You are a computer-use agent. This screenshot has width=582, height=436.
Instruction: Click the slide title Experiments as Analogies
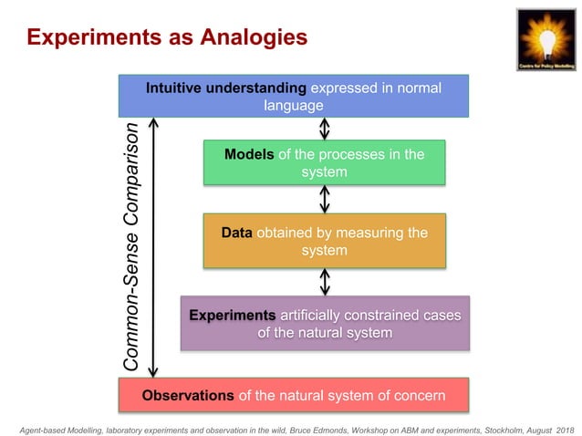pyautogui.click(x=166, y=37)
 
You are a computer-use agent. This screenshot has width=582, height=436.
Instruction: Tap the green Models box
pyautogui.click(x=324, y=162)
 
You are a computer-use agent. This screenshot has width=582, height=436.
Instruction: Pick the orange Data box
pyautogui.click(x=324, y=241)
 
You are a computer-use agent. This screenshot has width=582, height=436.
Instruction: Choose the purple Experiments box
pyautogui.click(x=325, y=324)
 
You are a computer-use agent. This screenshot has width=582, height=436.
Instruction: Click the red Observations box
pyautogui.click(x=294, y=395)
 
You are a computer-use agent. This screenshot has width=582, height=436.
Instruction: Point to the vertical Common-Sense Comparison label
pyautogui.click(x=132, y=246)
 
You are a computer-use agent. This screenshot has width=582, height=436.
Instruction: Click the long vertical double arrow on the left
pyautogui.click(x=153, y=246)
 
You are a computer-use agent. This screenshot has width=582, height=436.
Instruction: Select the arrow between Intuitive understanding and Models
pyautogui.click(x=325, y=128)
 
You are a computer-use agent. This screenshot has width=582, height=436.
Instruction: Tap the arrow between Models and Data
pyautogui.click(x=325, y=199)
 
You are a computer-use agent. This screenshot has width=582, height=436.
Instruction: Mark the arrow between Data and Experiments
pyautogui.click(x=325, y=282)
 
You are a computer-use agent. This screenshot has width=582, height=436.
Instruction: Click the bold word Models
pyautogui.click(x=249, y=154)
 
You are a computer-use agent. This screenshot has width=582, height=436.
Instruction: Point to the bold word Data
pyautogui.click(x=237, y=233)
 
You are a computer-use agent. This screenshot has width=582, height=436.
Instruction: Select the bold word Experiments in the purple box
pyautogui.click(x=232, y=316)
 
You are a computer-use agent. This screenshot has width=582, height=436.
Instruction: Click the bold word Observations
pyautogui.click(x=188, y=396)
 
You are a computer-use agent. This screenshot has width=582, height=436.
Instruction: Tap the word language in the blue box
pyautogui.click(x=294, y=105)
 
